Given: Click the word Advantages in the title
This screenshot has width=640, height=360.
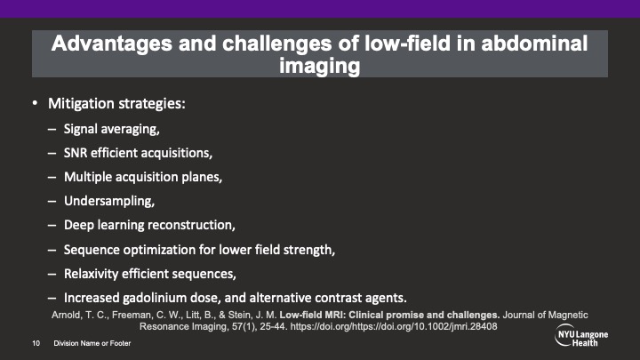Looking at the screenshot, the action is (111, 44).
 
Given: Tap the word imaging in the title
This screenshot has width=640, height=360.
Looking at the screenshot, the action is (320, 66).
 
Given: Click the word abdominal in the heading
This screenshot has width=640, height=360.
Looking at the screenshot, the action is (534, 44).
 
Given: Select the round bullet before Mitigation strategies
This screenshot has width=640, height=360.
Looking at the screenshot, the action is (35, 103).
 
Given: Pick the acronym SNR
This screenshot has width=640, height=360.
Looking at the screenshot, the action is (75, 153).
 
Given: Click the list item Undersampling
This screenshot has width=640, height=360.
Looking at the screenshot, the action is (109, 201).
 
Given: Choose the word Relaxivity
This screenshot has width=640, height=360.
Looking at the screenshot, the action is (91, 274).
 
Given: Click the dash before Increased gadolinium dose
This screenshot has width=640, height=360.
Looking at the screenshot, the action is (52, 299).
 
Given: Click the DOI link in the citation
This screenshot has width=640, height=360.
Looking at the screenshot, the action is (394, 326).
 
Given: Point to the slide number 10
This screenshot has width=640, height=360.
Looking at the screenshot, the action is (36, 343).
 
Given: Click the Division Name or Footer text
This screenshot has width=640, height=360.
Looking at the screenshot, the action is (92, 343).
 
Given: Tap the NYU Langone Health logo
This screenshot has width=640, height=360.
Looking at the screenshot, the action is (581, 336).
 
